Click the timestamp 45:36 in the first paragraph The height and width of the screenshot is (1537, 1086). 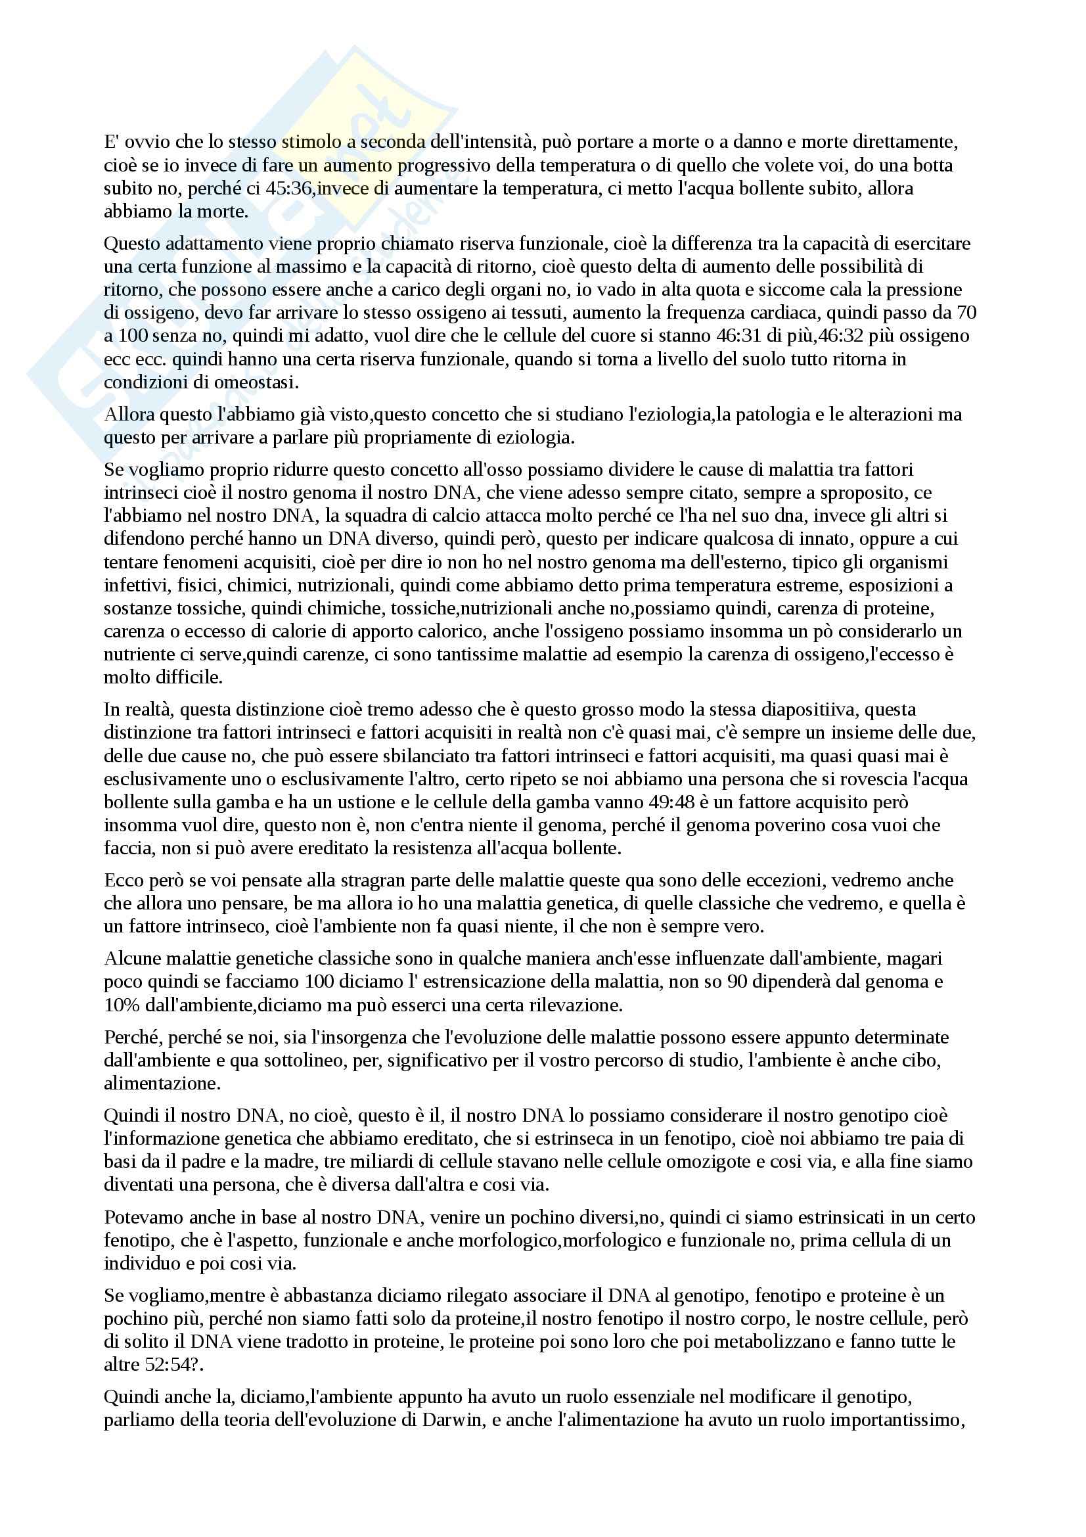coord(288,189)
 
